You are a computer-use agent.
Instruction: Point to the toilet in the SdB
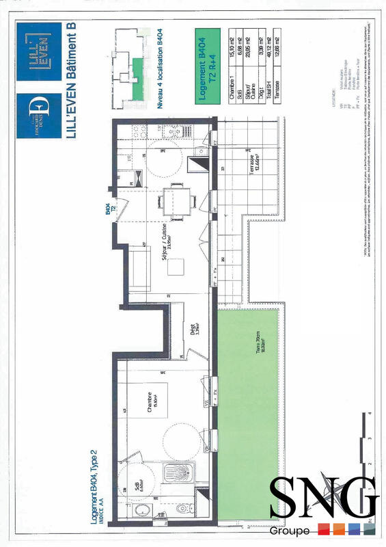(x=180, y=509)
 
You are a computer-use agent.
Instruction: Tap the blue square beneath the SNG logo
(x=353, y=528)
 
